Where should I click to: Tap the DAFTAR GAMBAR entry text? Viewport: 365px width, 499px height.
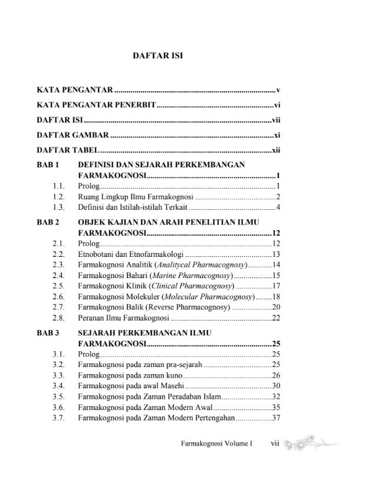point(73,135)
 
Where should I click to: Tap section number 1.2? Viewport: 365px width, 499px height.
point(58,197)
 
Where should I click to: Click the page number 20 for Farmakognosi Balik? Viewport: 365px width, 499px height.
point(275,307)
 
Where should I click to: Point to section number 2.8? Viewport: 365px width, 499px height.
point(58,318)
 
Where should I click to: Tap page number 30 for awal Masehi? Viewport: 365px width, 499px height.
point(275,386)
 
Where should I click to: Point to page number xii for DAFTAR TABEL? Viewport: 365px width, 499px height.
point(275,150)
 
